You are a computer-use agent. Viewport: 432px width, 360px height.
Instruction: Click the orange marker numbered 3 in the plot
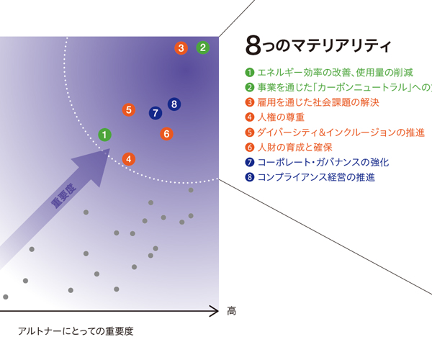pos(181,48)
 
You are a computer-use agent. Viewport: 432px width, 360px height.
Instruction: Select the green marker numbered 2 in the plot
pos(203,48)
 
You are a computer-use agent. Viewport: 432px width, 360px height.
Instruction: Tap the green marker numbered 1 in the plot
pos(104,135)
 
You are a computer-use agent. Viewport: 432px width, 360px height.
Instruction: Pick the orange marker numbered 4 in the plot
pos(129,159)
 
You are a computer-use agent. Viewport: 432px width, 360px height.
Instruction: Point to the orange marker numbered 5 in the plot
pos(129,109)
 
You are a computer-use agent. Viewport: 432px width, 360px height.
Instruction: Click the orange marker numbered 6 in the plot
pos(167,134)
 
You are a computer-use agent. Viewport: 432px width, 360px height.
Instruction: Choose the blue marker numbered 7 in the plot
pos(156,113)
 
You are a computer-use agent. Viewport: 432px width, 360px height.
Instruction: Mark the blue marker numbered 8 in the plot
pos(174,104)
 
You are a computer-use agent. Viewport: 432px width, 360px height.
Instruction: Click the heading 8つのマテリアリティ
pos(318,45)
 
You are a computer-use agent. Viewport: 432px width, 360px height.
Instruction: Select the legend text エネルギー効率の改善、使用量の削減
pos(335,73)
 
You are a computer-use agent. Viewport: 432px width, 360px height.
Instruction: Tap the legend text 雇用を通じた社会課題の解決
pos(318,102)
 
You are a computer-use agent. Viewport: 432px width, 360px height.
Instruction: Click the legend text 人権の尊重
pos(281,117)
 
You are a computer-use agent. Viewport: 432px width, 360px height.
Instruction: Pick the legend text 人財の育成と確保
pos(294,148)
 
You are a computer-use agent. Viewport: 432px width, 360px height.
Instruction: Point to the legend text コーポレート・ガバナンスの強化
pos(323,162)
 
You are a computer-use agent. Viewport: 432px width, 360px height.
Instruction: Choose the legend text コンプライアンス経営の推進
pos(316,177)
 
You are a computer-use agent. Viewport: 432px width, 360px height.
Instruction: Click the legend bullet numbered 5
pos(249,132)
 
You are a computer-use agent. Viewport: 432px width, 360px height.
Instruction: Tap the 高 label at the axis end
pos(231,311)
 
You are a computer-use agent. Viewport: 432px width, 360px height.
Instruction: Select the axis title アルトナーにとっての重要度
pos(76,331)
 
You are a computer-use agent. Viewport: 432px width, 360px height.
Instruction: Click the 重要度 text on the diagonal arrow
pos(63,196)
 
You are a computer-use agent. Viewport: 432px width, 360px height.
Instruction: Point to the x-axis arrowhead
pos(215,311)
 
